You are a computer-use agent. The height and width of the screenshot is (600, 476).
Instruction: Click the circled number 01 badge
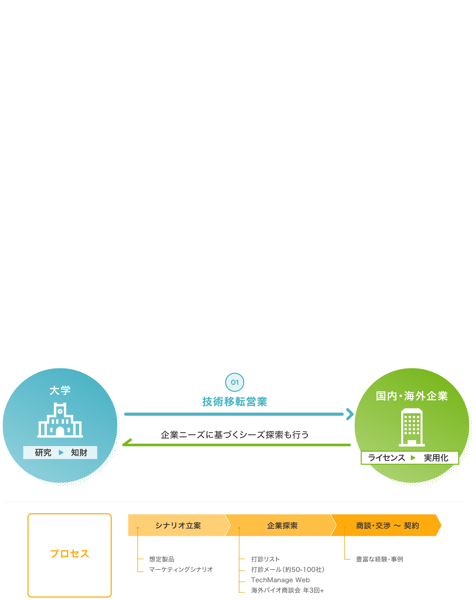(x=234, y=382)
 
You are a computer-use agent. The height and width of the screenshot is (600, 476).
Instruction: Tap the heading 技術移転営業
(x=235, y=402)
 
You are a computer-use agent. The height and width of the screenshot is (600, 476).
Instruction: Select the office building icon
(x=412, y=427)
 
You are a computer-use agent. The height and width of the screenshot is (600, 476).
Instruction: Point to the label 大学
(x=60, y=391)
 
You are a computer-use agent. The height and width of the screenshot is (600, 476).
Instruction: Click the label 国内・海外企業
(x=411, y=396)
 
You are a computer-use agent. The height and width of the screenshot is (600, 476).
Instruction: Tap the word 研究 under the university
(x=43, y=453)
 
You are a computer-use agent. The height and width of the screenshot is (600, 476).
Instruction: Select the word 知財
(x=79, y=453)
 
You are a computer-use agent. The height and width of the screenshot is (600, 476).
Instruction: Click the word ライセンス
(x=386, y=458)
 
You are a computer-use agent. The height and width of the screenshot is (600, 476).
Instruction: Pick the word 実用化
(x=436, y=458)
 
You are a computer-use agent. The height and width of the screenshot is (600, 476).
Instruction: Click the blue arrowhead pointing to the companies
(x=349, y=414)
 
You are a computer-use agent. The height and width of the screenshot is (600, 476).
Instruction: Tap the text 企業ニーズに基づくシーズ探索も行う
(x=234, y=435)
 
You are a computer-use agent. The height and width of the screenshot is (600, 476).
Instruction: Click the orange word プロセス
(x=70, y=554)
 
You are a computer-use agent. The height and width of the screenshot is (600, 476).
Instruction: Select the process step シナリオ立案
(x=178, y=526)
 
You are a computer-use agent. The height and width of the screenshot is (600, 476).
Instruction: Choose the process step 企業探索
(x=282, y=526)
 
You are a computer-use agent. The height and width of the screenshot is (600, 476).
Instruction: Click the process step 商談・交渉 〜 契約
(x=387, y=526)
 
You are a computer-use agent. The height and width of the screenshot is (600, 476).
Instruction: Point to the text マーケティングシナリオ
(x=181, y=569)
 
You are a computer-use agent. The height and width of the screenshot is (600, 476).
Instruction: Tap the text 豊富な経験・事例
(x=380, y=559)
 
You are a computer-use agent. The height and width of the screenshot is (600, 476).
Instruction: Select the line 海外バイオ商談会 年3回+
(x=287, y=590)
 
